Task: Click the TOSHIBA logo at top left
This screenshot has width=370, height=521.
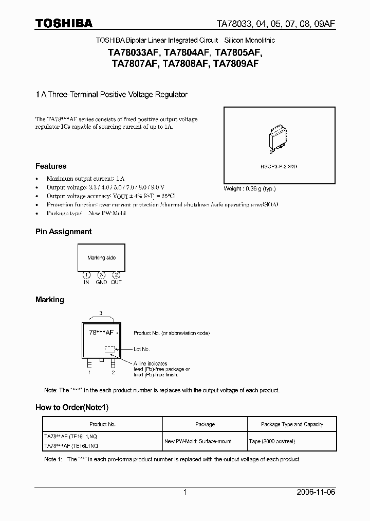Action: (64, 23)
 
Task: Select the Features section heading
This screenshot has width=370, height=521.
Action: (51, 166)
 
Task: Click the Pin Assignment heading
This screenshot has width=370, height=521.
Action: (63, 232)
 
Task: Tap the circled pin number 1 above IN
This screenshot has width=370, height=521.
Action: (86, 275)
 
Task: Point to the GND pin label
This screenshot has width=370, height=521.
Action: (101, 282)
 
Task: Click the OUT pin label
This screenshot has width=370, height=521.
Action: (116, 282)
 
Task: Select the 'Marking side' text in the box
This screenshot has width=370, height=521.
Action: (101, 258)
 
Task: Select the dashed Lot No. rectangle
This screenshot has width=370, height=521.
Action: (110, 350)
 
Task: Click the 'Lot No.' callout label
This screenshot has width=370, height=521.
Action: (142, 350)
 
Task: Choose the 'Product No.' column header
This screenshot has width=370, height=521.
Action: (102, 424)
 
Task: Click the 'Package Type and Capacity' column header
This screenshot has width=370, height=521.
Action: (292, 424)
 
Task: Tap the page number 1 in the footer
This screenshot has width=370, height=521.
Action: (185, 492)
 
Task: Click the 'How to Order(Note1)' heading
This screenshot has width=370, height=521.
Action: (72, 407)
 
